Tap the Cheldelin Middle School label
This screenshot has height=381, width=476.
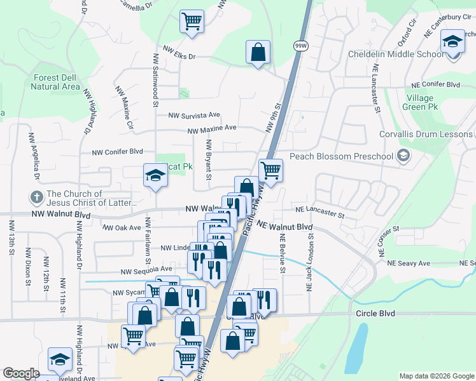(396, 54)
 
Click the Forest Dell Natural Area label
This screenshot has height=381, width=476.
(57, 82)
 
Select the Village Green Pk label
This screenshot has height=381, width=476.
(420, 102)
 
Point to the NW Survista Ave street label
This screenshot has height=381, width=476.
(194, 116)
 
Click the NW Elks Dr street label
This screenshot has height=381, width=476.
(179, 57)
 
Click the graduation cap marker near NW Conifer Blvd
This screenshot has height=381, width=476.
(155, 175)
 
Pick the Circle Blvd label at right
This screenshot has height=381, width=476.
(375, 314)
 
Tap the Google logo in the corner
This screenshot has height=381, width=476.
(22, 373)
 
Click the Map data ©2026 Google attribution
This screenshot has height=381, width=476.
(437, 376)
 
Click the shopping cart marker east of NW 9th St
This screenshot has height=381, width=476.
(270, 170)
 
